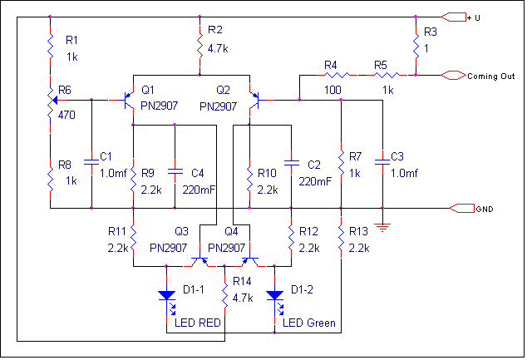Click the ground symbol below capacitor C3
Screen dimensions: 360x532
click(382, 224)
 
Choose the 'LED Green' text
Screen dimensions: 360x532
click(309, 323)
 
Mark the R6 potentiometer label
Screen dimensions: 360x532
click(64, 91)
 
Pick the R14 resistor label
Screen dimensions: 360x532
click(242, 281)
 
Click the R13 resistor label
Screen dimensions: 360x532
click(358, 230)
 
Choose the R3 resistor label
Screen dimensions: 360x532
click(430, 32)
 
